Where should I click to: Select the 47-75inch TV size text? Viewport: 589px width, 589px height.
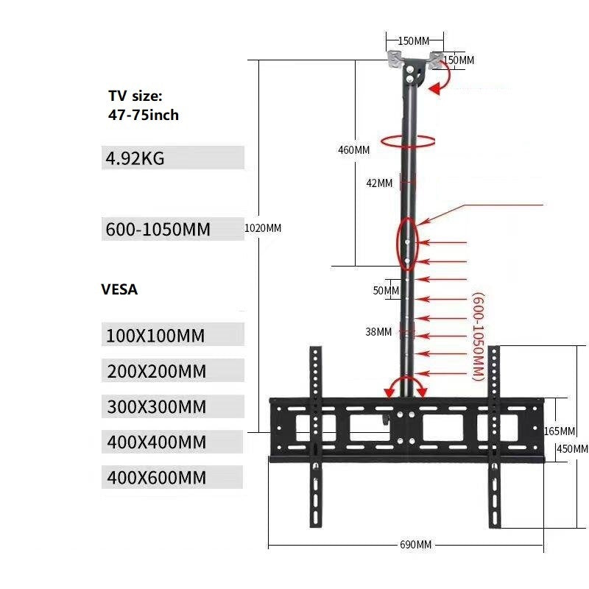tap(144, 115)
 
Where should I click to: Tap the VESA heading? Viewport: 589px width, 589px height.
tap(119, 289)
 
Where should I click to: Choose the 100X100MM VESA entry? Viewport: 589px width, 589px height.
tap(155, 336)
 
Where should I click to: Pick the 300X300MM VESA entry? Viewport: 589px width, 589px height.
tap(156, 407)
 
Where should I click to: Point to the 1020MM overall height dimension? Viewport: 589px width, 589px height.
tap(263, 228)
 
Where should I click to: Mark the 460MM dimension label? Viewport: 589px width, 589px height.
tap(353, 149)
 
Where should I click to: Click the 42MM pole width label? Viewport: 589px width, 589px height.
tap(380, 183)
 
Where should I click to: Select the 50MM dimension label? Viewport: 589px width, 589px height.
tap(386, 291)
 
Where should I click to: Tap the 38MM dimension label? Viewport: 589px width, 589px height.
tap(378, 332)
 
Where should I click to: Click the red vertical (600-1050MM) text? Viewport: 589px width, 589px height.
tap(477, 336)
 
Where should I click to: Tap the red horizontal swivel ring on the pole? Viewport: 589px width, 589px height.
tap(407, 141)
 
